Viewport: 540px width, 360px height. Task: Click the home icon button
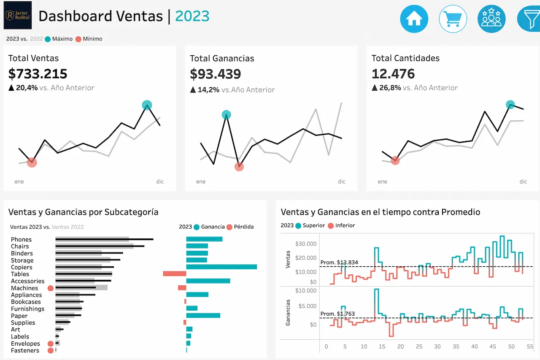point(414,19)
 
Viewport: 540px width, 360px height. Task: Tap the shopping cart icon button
point(453,19)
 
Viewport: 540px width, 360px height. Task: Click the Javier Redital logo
point(17,16)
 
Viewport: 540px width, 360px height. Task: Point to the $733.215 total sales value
point(38,74)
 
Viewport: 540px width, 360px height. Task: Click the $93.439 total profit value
point(215,74)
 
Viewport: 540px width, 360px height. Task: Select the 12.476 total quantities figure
point(393,74)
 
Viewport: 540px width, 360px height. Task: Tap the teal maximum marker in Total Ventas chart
point(147,105)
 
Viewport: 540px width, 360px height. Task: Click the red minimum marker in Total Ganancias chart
point(239,167)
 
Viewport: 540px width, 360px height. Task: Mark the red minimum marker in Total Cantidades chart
point(395,160)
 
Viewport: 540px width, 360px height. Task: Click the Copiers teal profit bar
point(221,267)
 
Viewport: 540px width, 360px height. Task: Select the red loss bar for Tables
point(174,274)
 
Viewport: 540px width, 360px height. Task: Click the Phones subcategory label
point(21,240)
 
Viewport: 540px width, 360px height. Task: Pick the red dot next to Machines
point(51,288)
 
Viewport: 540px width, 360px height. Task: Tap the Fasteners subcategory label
point(25,351)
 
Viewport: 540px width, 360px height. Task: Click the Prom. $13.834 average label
point(339,263)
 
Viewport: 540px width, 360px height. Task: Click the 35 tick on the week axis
point(456,346)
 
